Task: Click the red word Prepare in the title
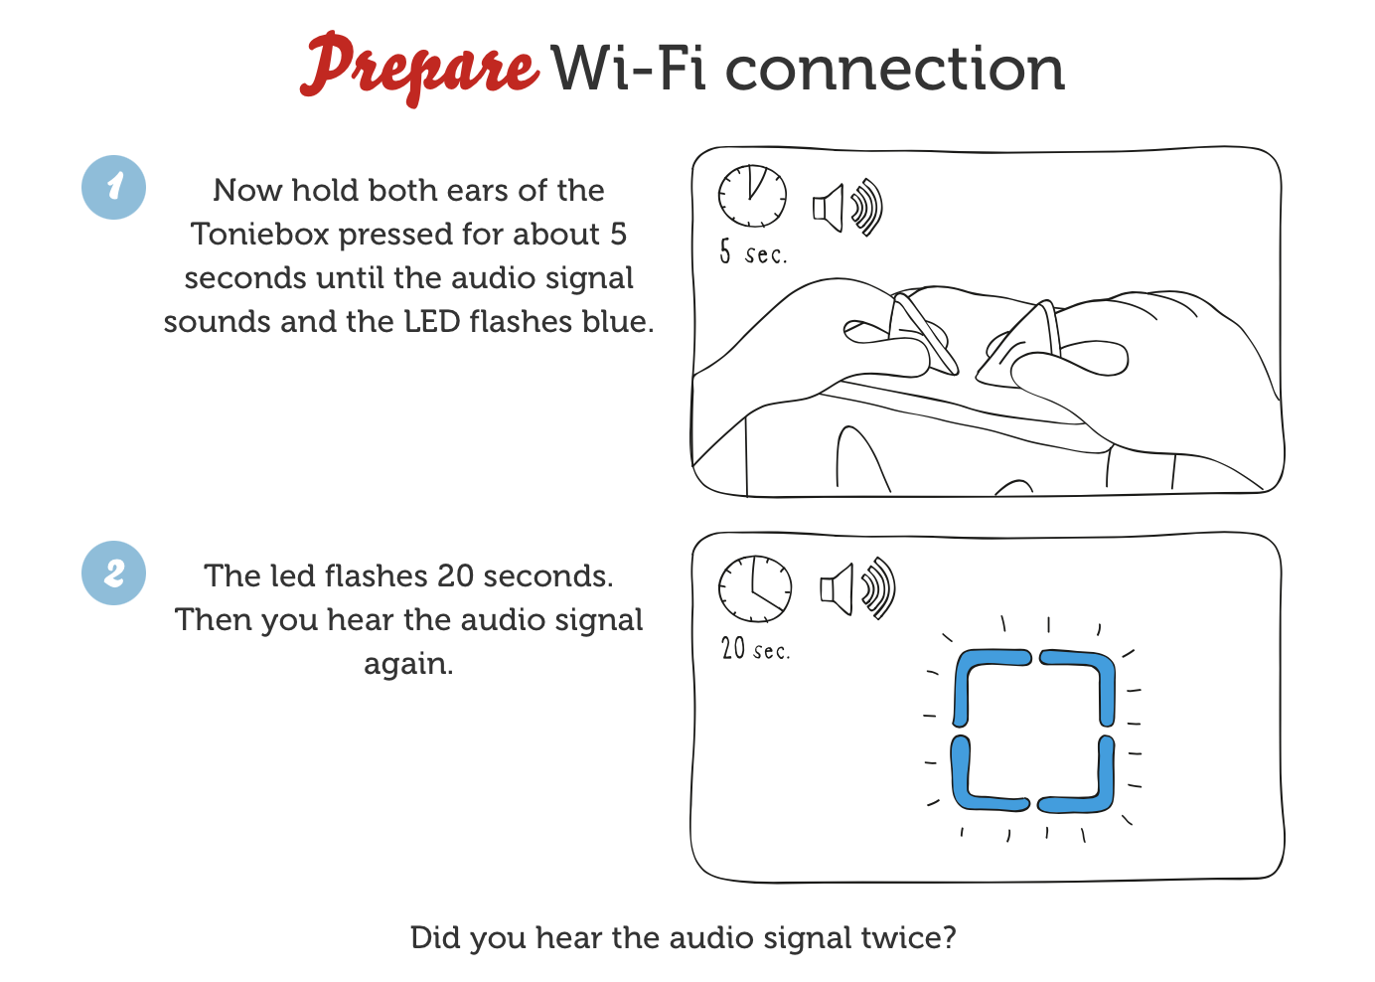tap(420, 69)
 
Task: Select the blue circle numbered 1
tap(113, 187)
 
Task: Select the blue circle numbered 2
tap(113, 573)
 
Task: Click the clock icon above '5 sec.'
tap(752, 196)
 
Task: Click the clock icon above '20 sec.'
tap(754, 589)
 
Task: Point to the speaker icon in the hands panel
tap(847, 208)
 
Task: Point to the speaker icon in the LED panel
tap(857, 589)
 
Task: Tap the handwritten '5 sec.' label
tap(753, 252)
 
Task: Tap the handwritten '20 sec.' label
tap(756, 648)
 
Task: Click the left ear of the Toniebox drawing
tap(921, 333)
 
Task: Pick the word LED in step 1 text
tap(431, 322)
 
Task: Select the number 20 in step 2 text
tap(455, 576)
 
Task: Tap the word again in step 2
tap(408, 665)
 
